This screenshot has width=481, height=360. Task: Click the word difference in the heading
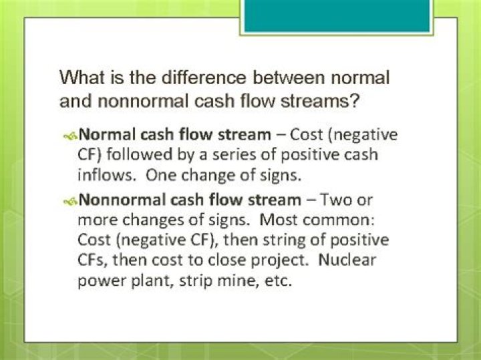pos(204,77)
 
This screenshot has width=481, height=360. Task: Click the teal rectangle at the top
pos(337,15)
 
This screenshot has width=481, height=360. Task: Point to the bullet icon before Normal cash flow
pos(70,136)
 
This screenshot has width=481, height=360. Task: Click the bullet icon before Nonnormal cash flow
pos(70,201)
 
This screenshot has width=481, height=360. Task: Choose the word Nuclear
pos(347,260)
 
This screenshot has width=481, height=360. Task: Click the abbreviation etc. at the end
pos(278,281)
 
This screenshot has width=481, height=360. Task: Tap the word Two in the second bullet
pos(336,200)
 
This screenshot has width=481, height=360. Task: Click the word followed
pos(139,154)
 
